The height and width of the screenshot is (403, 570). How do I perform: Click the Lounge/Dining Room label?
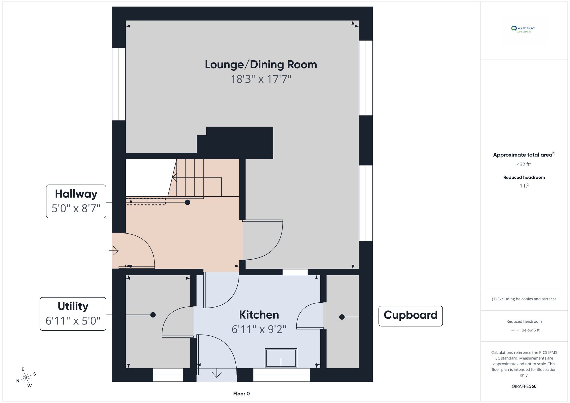coord(261,65)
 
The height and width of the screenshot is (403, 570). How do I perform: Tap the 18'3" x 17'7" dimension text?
coord(261,79)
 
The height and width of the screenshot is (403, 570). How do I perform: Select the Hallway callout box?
coord(76,201)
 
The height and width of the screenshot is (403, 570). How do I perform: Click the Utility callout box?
coord(73,314)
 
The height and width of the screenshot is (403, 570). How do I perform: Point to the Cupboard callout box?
coord(410,316)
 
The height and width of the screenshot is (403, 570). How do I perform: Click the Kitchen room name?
coord(259,315)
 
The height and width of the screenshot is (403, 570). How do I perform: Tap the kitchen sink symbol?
coord(281,358)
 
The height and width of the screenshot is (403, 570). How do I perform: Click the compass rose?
coord(26,378)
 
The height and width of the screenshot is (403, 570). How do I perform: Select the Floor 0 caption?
coord(241,394)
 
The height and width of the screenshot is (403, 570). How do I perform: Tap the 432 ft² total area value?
coord(524,164)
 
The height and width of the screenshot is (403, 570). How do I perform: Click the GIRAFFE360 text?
coord(524,386)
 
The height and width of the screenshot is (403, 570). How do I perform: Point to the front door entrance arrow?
coord(114,251)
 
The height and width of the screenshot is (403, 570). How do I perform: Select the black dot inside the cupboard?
coord(342,317)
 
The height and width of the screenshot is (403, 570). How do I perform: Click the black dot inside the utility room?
coord(153,315)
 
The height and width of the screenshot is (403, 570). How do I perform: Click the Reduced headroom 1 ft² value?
coord(524,186)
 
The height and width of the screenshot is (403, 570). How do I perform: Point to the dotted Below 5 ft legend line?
coord(514,330)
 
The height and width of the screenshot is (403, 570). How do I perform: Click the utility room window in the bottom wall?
coord(168,375)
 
